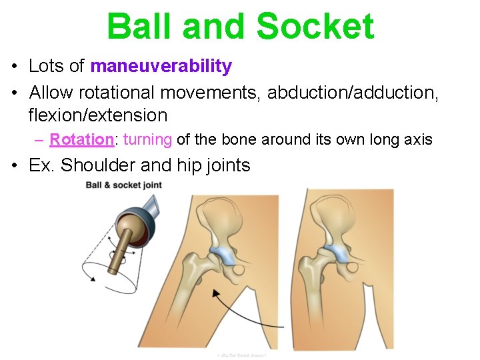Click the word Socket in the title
click(315, 27)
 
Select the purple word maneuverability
click(161, 66)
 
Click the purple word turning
click(148, 139)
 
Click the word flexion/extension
click(97, 115)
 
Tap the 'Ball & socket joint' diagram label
click(123, 185)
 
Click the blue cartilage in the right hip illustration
click(338, 253)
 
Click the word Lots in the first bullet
click(47, 66)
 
